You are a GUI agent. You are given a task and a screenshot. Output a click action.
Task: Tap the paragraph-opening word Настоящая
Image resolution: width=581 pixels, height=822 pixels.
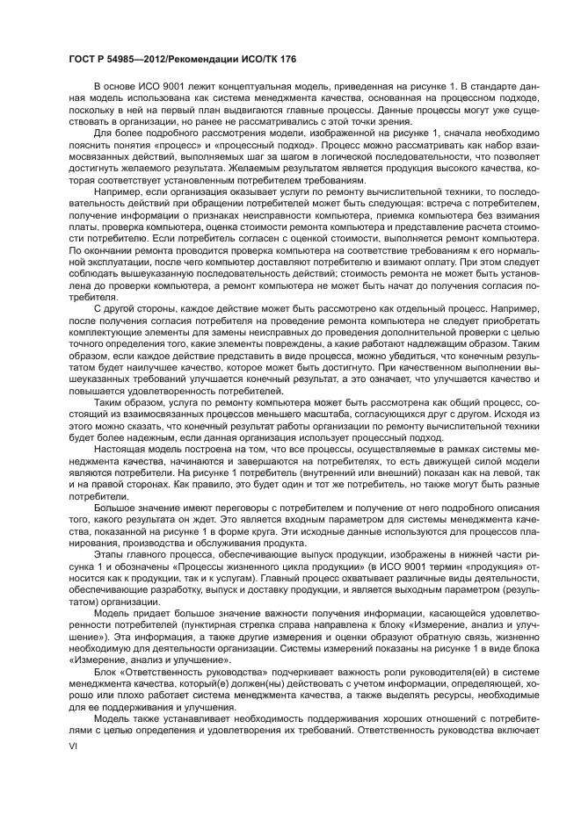[x=121, y=448]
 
